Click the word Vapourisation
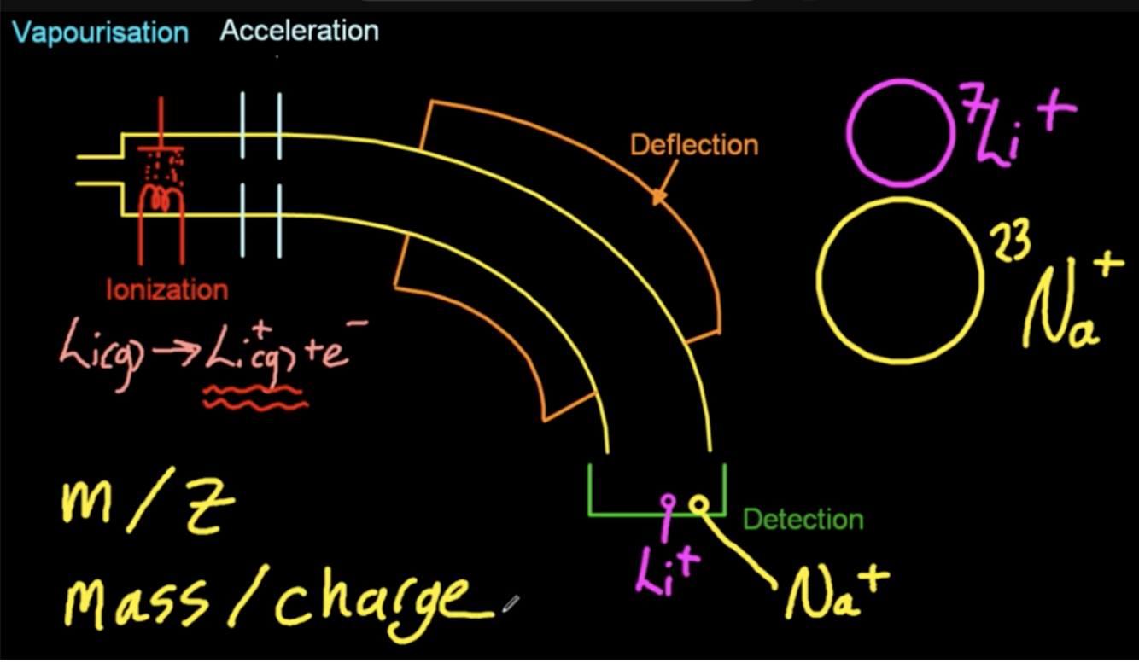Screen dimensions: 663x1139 click(100, 33)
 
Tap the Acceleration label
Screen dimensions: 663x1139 click(299, 32)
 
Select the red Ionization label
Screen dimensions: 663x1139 click(167, 289)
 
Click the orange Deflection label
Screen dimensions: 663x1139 click(694, 145)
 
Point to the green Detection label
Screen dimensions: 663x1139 click(803, 519)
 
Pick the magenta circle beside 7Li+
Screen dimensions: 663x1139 click(900, 132)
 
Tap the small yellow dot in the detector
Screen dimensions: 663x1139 click(700, 503)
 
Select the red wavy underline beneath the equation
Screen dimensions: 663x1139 click(254, 398)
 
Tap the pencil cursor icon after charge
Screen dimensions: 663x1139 click(510, 605)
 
